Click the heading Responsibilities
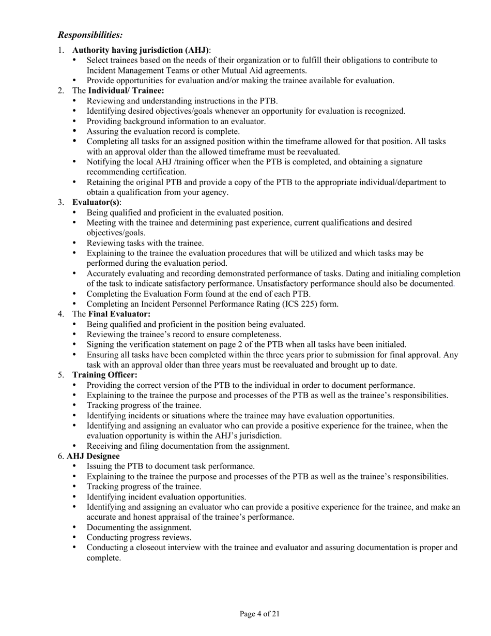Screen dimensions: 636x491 tap(90, 35)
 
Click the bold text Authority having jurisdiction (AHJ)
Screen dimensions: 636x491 tap(141, 50)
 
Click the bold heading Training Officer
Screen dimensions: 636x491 tap(104, 375)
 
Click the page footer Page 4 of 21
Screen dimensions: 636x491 tap(260, 614)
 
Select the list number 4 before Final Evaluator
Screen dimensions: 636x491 tap(61, 314)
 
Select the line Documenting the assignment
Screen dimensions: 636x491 tap(139, 527)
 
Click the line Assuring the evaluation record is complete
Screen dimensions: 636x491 tap(163, 131)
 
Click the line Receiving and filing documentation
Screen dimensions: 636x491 tap(188, 446)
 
